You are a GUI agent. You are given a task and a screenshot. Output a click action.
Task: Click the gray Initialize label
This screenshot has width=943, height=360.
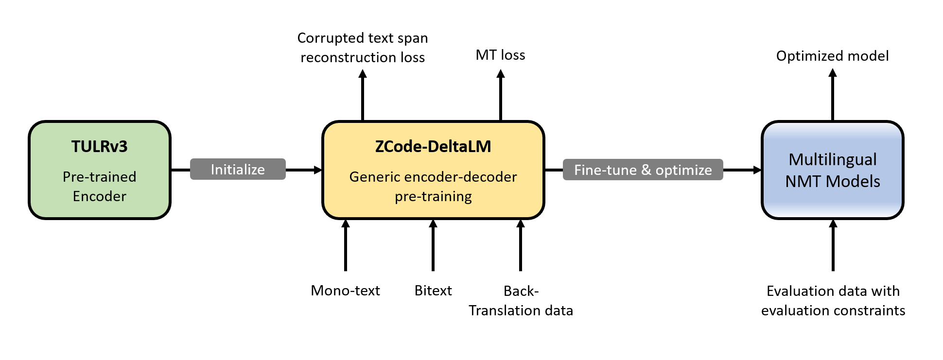coord(238,169)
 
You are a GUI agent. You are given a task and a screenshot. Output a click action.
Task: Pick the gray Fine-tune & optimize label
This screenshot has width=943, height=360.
coord(643,170)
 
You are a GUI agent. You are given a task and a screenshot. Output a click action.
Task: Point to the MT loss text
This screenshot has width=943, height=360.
coord(500,55)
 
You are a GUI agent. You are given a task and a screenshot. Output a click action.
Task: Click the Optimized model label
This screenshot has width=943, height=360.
coord(832,56)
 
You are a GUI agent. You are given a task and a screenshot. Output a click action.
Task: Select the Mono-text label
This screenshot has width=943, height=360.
coord(345,291)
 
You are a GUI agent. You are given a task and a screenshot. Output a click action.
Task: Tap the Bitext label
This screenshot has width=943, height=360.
coord(433,291)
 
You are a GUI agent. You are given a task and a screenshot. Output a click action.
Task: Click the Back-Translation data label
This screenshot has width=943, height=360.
coord(521,301)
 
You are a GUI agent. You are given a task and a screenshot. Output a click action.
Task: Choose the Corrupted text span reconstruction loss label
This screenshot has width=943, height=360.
coord(363,48)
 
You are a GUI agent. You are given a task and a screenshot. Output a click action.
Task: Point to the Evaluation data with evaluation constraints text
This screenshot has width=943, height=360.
coord(833,301)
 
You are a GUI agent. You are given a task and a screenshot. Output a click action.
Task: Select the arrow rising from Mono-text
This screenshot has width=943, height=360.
coord(346,245)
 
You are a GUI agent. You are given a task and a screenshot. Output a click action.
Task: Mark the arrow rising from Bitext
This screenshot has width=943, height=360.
coord(433,245)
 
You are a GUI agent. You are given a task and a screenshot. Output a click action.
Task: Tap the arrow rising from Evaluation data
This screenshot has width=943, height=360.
coord(833,245)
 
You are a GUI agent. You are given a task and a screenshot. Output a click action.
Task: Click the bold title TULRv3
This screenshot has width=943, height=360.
coord(99,146)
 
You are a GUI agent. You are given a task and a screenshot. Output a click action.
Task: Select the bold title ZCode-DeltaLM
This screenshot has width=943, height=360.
coord(433,146)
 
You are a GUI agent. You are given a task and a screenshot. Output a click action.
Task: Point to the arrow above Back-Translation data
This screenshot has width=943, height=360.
coord(521,245)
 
